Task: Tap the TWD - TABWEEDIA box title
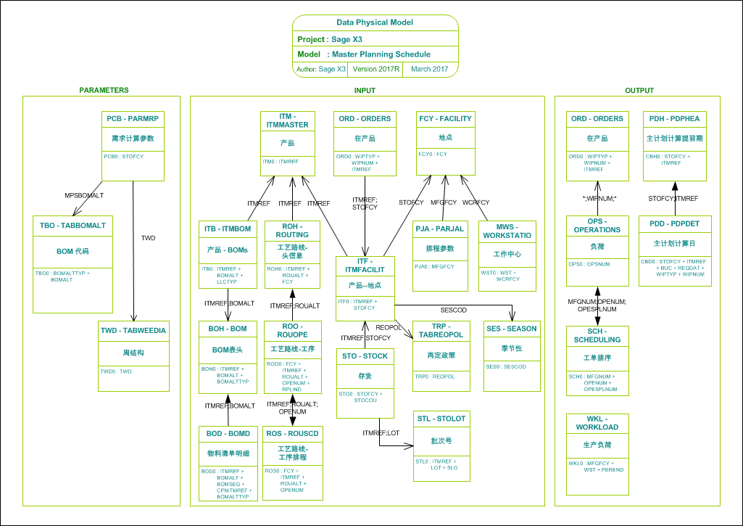point(133,331)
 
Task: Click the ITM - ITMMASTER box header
point(288,121)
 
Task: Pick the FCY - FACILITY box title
point(445,118)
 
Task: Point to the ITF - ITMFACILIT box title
point(365,266)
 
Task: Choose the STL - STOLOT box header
point(441,419)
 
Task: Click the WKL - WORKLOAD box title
point(597,422)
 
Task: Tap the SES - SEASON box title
point(512,329)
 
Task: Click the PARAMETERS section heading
point(104,91)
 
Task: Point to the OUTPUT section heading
point(639,91)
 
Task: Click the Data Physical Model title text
point(375,22)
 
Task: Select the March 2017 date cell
point(430,69)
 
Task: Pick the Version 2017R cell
point(376,69)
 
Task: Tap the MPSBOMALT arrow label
point(84,196)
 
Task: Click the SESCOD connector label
point(453,310)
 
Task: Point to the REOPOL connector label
point(389,328)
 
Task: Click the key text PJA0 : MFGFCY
point(435,266)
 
